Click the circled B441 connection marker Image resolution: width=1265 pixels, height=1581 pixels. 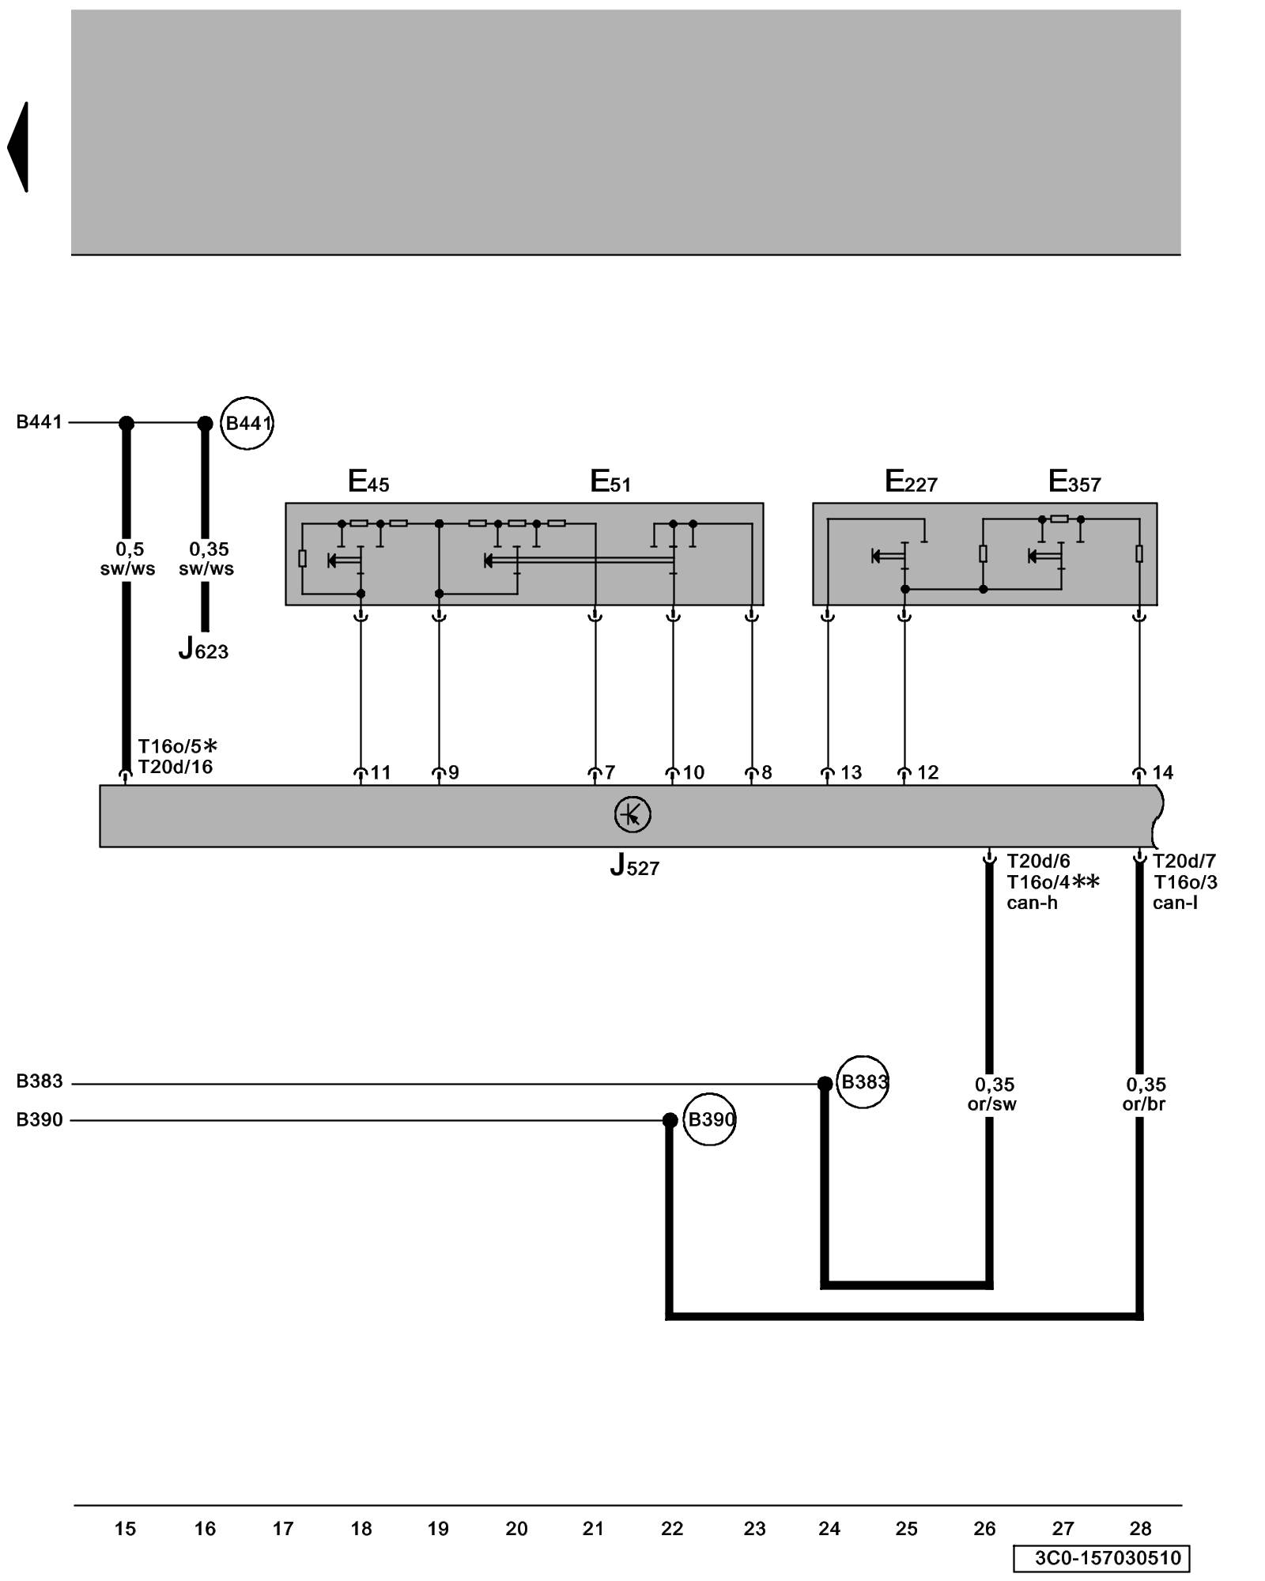click(247, 423)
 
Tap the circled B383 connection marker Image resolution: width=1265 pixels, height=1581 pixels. click(863, 1081)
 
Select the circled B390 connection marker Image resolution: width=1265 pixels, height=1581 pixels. click(709, 1119)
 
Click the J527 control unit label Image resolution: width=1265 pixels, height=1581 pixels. click(634, 866)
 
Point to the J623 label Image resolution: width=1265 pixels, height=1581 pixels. click(203, 650)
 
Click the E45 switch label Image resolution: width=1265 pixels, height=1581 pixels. click(368, 481)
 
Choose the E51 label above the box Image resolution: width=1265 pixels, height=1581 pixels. click(610, 481)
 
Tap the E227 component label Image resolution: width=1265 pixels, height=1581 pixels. click(911, 481)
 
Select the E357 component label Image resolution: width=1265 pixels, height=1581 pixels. click(1074, 481)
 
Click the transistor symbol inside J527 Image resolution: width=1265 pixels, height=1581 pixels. click(632, 814)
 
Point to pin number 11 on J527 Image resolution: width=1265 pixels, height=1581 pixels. click(381, 772)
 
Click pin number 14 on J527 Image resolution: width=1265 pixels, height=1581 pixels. click(1162, 772)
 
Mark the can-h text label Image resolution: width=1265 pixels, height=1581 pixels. click(1032, 903)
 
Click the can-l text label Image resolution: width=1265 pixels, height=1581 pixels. click(1175, 903)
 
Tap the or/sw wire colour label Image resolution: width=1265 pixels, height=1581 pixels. click(991, 1104)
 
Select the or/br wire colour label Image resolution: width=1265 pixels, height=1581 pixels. click(1144, 1104)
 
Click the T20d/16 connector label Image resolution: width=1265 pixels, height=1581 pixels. click(176, 767)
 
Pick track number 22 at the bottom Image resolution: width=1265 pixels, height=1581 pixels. click(672, 1529)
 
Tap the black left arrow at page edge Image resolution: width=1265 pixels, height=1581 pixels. click(19, 147)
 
